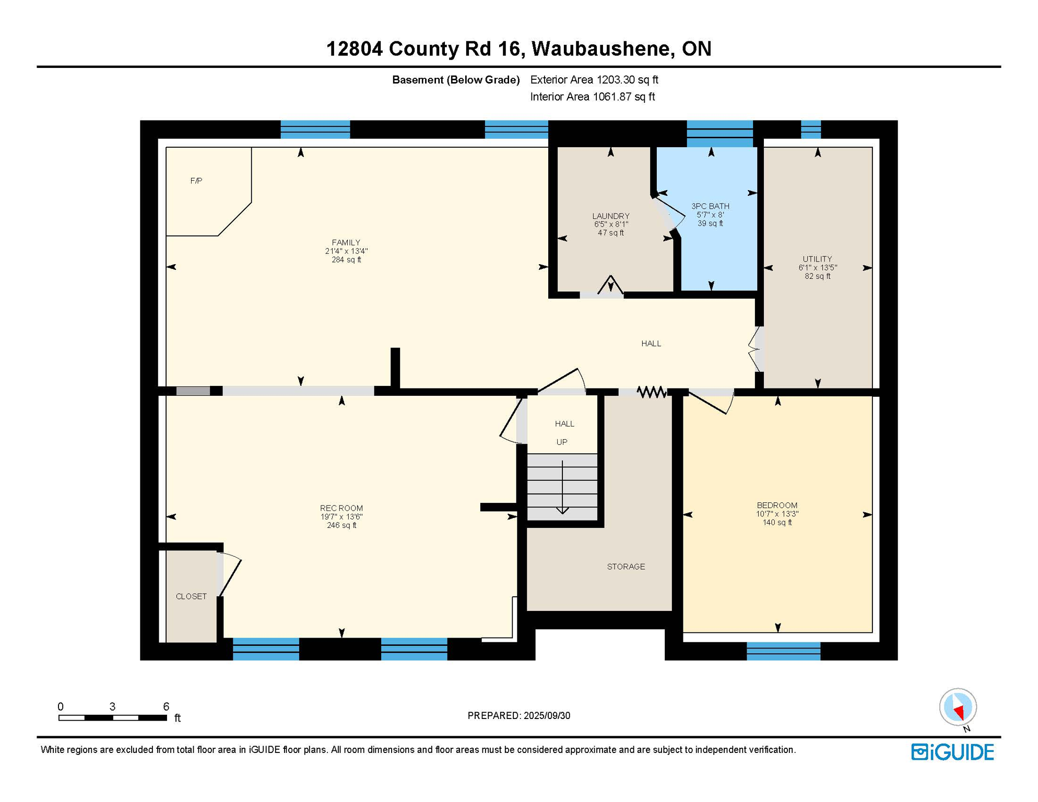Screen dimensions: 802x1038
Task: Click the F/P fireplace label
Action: (196, 181)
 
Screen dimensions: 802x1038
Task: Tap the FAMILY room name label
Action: (346, 242)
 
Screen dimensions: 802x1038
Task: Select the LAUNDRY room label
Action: (610, 216)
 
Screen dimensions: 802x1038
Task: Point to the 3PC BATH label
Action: (710, 206)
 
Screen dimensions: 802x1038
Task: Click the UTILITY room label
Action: (817, 259)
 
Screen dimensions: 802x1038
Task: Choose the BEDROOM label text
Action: (777, 505)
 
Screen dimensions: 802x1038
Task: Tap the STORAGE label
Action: (626, 567)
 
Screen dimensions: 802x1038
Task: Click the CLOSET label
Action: (191, 596)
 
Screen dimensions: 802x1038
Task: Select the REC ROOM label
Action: (341, 508)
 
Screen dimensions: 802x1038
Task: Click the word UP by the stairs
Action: (562, 442)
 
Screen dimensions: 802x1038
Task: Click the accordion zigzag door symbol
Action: (651, 392)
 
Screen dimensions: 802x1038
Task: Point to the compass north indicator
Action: (958, 709)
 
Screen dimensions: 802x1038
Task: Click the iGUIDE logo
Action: (952, 752)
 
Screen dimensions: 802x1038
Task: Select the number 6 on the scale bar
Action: (166, 706)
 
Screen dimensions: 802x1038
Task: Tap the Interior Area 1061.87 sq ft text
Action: (592, 97)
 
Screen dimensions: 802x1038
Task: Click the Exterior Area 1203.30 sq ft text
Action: (594, 80)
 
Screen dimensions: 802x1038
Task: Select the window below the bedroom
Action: (783, 651)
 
